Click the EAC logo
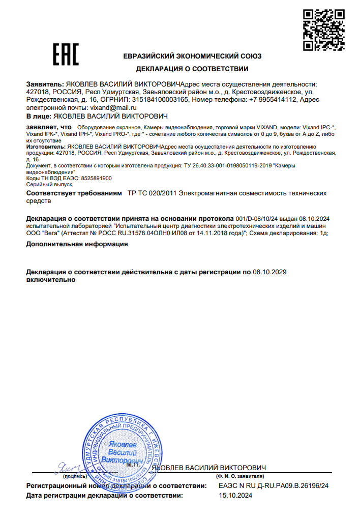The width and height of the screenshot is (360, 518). (x=66, y=54)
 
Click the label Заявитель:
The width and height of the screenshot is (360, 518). (x=45, y=84)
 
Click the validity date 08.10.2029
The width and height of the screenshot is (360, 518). (x=270, y=272)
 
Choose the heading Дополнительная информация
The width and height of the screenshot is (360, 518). (x=77, y=244)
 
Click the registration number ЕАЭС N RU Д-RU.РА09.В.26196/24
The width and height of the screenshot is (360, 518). (x=274, y=486)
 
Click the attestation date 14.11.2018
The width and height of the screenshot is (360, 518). (x=196, y=233)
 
